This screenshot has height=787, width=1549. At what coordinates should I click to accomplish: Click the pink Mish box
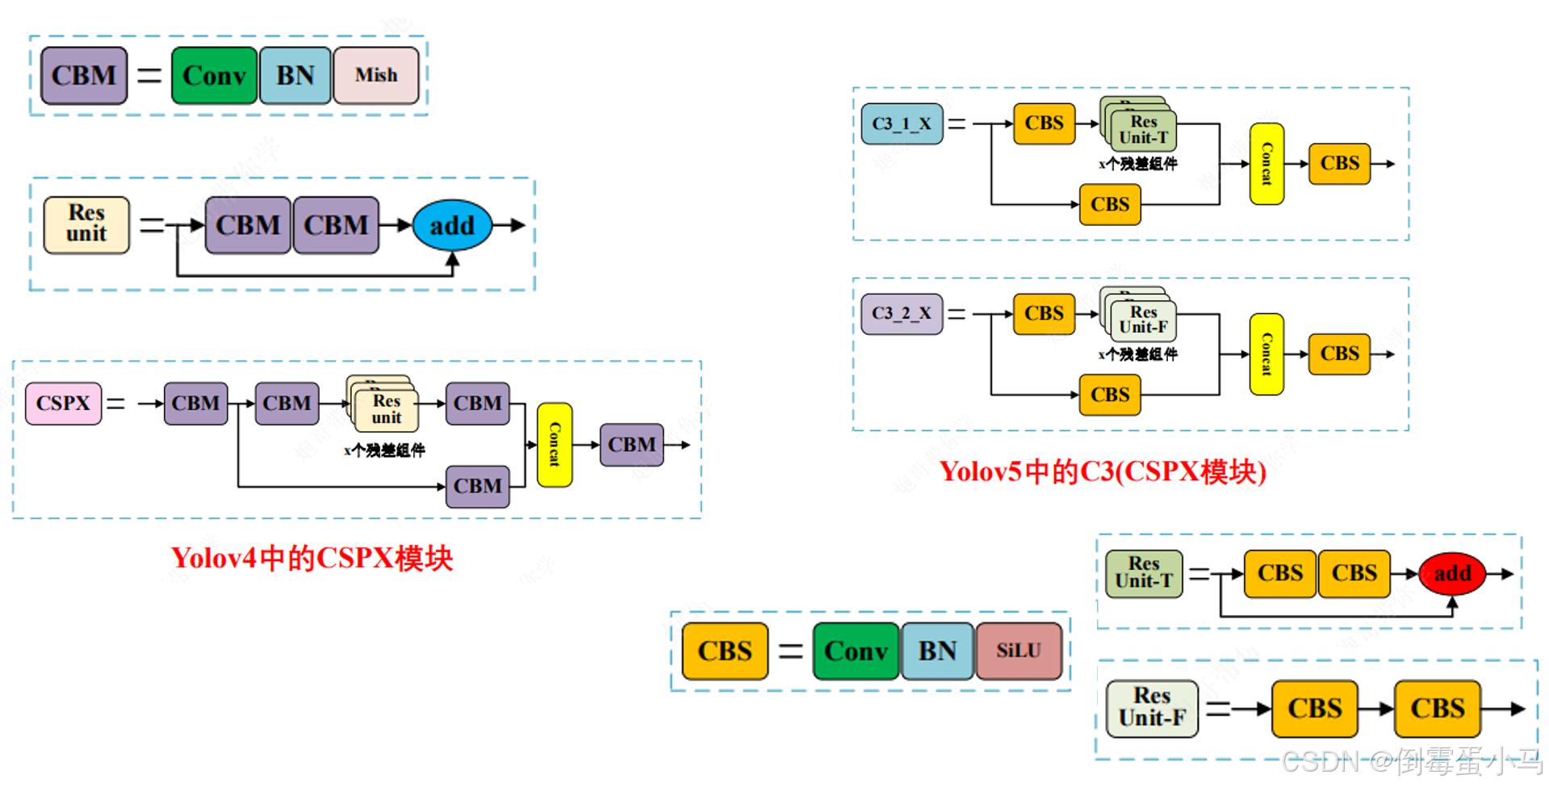(x=376, y=75)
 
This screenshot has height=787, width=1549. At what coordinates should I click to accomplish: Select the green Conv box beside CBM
(x=214, y=75)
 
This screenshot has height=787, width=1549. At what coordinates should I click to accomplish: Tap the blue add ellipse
(x=452, y=225)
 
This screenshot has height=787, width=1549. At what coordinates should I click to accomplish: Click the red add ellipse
(x=1451, y=573)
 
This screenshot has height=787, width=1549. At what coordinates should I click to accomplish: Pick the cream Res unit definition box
(x=86, y=224)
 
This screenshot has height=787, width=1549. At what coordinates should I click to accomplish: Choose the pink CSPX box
(x=63, y=403)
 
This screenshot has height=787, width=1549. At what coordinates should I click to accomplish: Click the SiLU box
(x=1018, y=651)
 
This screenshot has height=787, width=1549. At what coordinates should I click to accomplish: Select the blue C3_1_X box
(x=901, y=123)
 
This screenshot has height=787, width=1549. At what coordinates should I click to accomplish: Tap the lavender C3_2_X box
(x=901, y=313)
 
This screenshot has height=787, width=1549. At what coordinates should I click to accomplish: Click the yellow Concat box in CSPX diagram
(x=555, y=445)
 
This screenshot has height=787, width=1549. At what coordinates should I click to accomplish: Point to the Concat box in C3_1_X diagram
(x=1266, y=164)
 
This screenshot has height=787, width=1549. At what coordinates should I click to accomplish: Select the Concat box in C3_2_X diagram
(x=1266, y=354)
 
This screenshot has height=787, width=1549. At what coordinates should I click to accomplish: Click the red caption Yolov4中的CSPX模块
(x=312, y=558)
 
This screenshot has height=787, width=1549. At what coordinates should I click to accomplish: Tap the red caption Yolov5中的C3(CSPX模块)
(x=1102, y=471)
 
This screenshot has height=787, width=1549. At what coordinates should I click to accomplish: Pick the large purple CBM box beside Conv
(x=84, y=75)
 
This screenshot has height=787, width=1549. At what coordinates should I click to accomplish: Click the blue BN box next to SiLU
(x=936, y=651)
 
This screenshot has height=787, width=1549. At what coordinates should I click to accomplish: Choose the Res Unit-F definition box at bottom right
(x=1151, y=707)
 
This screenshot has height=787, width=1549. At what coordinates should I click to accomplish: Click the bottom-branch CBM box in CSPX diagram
(x=477, y=486)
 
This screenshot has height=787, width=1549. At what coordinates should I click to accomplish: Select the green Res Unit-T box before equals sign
(x=1143, y=573)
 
